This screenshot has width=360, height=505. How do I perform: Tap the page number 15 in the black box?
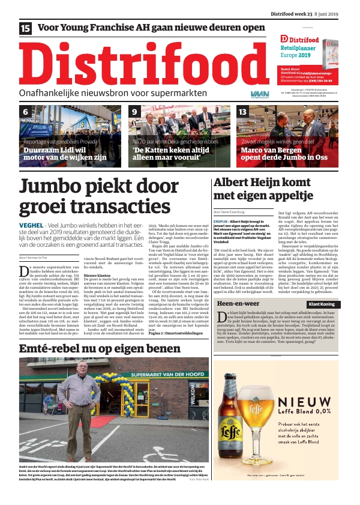click(x=26, y=28)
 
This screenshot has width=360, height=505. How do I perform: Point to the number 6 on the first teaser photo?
click(x=25, y=112)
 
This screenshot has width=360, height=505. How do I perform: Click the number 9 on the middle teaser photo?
click(x=135, y=112)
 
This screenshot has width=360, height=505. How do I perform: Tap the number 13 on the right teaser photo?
click(x=243, y=112)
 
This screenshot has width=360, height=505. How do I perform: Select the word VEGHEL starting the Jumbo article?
click(x=31, y=226)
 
